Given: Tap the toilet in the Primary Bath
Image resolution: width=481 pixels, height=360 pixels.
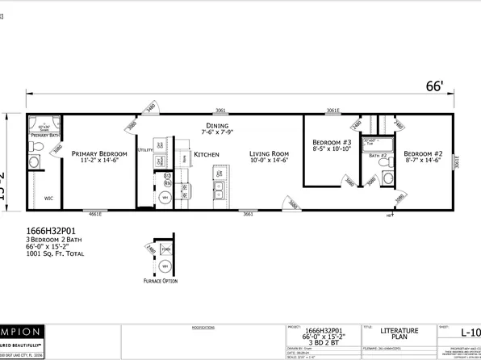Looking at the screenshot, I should (x=35, y=163).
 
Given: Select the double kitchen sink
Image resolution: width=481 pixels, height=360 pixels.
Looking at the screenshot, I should (x=219, y=189).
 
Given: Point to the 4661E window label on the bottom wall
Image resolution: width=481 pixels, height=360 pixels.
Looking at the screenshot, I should (x=95, y=214).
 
